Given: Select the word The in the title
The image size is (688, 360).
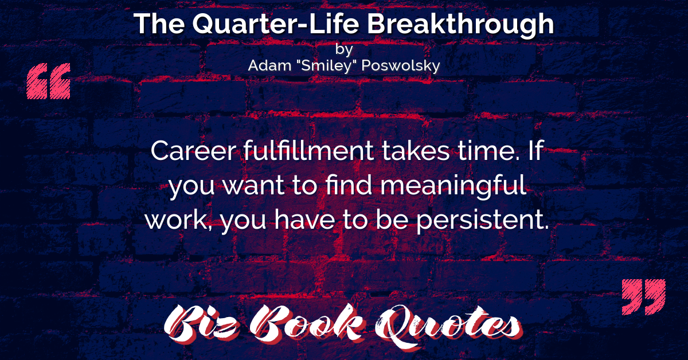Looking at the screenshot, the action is (159, 24).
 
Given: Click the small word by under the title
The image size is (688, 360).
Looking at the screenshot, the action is (344, 49).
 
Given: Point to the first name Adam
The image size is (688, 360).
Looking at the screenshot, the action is (269, 65).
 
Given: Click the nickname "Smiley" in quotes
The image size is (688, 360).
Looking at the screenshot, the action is (326, 65).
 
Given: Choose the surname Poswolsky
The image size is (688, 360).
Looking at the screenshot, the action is (401, 66).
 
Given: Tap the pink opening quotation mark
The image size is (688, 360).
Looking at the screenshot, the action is (49, 81).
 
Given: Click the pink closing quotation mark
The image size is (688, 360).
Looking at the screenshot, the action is (644, 297).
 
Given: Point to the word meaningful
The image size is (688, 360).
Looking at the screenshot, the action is (454, 186).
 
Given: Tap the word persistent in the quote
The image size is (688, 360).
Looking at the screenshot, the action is (483, 220).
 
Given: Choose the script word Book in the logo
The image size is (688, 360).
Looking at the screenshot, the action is (307, 323).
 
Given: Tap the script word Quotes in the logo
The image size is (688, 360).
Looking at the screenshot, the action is (448, 326).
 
